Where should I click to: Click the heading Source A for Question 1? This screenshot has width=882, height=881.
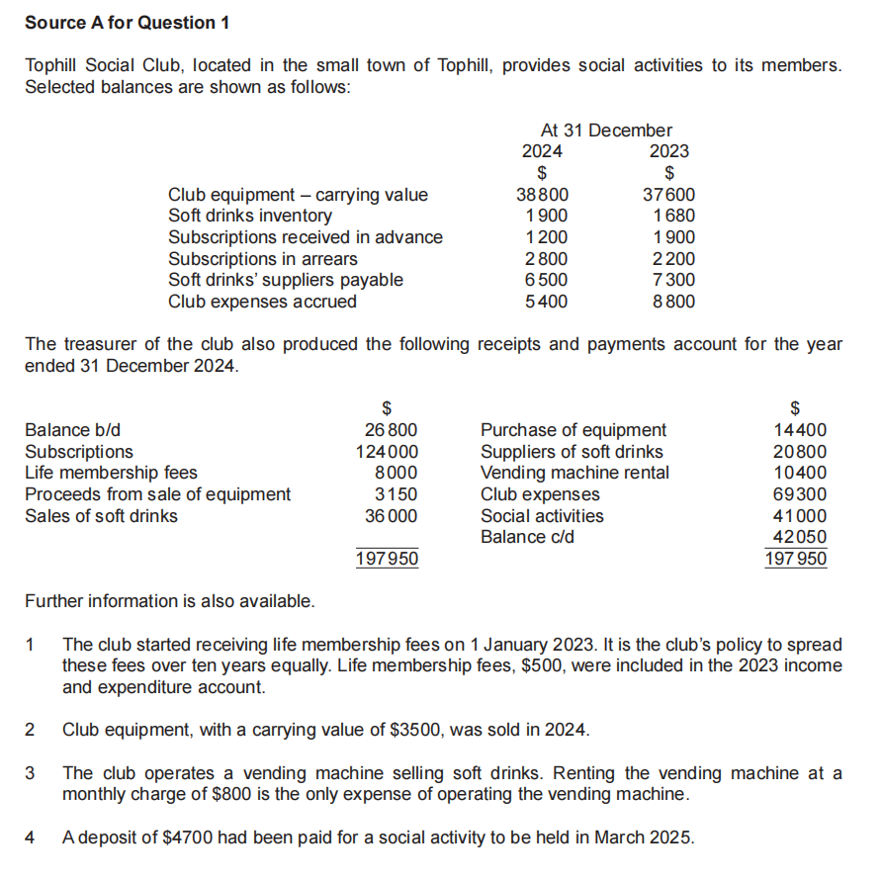pyautogui.click(x=120, y=22)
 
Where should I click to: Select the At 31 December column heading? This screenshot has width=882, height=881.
pyautogui.click(x=605, y=130)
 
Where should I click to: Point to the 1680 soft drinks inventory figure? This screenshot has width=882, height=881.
pyautogui.click(x=674, y=216)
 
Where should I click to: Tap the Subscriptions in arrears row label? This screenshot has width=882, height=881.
pyautogui.click(x=263, y=259)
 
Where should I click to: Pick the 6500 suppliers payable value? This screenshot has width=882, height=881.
pyautogui.click(x=547, y=280)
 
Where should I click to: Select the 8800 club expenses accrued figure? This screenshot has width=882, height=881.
pyautogui.click(x=674, y=302)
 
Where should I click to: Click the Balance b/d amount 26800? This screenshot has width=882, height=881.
pyautogui.click(x=392, y=430)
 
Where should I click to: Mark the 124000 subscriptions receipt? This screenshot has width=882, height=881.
pyautogui.click(x=387, y=452)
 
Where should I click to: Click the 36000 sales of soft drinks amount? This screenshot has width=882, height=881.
pyautogui.click(x=392, y=516)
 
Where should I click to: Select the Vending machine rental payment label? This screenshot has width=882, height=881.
pyautogui.click(x=574, y=473)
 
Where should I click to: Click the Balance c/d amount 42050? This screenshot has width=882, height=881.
pyautogui.click(x=800, y=537)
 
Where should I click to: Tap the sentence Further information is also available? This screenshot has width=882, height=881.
pyautogui.click(x=170, y=601)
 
